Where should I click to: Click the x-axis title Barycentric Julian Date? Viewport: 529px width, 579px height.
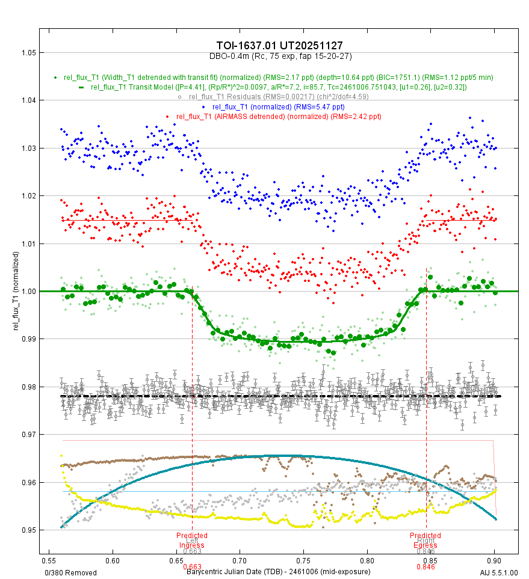pos(278,572)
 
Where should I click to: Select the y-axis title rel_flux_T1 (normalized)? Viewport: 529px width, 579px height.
pos(8,291)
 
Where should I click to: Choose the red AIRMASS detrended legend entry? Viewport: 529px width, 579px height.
pos(279,116)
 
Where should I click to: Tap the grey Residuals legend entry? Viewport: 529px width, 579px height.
pos(278,97)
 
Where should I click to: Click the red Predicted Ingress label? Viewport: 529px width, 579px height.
pos(192,540)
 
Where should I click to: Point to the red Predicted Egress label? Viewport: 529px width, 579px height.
pos(425,540)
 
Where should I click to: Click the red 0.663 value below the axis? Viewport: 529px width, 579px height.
pos(192,566)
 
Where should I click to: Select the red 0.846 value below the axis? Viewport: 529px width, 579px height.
pos(425,566)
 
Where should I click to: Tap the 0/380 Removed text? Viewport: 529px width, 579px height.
pos(71,572)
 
